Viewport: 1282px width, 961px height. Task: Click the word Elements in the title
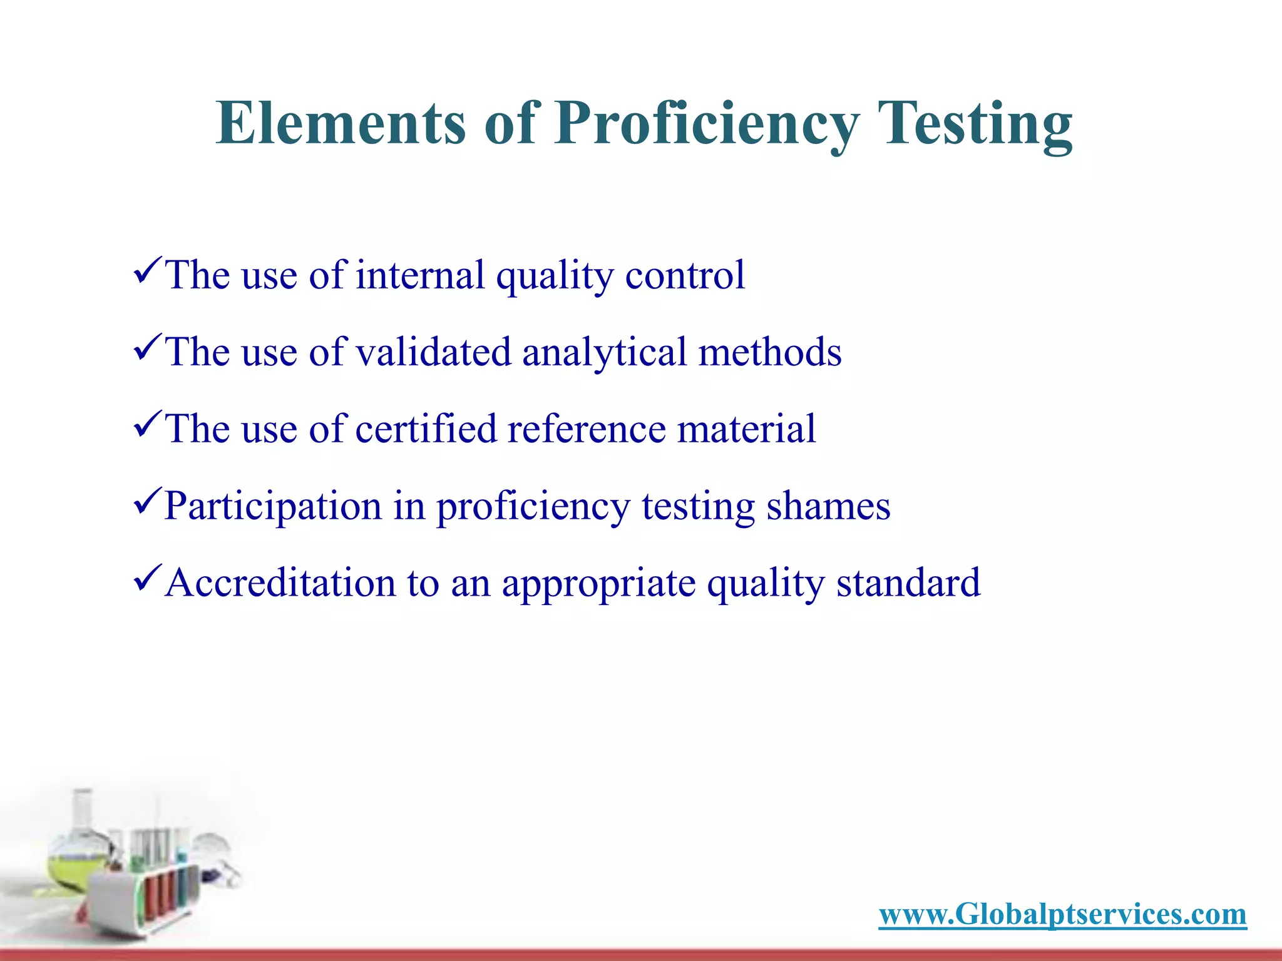coord(341,123)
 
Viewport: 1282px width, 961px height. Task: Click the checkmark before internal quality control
coord(148,270)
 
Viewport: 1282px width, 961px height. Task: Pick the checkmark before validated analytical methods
coord(148,347)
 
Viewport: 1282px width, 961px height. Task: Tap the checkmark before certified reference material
coord(148,424)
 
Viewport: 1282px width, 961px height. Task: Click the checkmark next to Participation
coord(148,501)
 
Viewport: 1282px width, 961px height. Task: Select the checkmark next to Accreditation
coord(148,577)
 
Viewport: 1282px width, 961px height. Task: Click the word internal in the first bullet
coord(420,275)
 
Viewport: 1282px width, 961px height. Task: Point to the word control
coord(685,275)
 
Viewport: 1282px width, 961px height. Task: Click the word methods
coord(770,352)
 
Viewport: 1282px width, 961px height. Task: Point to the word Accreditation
coord(280,582)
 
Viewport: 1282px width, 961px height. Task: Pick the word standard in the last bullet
coord(908,582)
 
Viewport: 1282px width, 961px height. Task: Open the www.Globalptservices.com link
coord(1062,914)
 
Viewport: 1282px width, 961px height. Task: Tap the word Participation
coord(273,506)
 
